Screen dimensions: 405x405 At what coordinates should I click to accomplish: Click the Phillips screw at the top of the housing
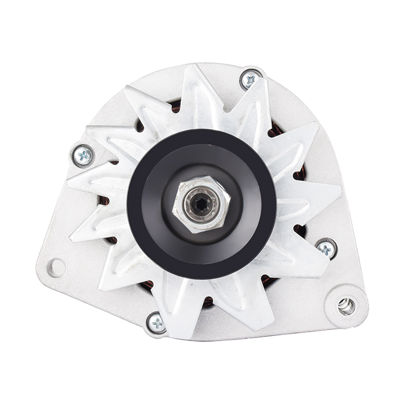[250, 80]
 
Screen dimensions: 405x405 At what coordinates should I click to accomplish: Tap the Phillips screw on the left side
[83, 156]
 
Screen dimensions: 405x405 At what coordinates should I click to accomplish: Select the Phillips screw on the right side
[326, 248]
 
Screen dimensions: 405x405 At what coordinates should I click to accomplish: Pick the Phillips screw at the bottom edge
[157, 323]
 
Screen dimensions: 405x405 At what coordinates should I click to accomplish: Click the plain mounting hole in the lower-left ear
[56, 267]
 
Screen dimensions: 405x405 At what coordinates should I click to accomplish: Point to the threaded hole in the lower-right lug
[346, 306]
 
